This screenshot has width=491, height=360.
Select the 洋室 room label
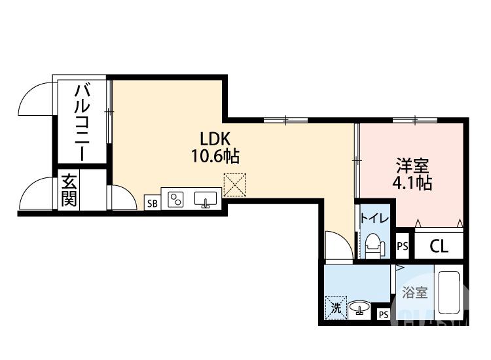point(412,165)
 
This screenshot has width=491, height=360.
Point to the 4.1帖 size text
point(412,183)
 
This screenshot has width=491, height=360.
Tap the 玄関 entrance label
point(69,190)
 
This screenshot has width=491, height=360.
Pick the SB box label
point(152,203)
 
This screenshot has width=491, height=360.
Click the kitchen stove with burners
point(175,200)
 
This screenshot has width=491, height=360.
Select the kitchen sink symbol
point(206,200)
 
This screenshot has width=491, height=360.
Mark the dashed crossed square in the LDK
point(233,185)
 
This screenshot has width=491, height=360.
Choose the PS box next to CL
point(403,246)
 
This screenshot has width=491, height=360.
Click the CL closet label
point(439,246)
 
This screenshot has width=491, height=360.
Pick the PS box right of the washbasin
point(384,315)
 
